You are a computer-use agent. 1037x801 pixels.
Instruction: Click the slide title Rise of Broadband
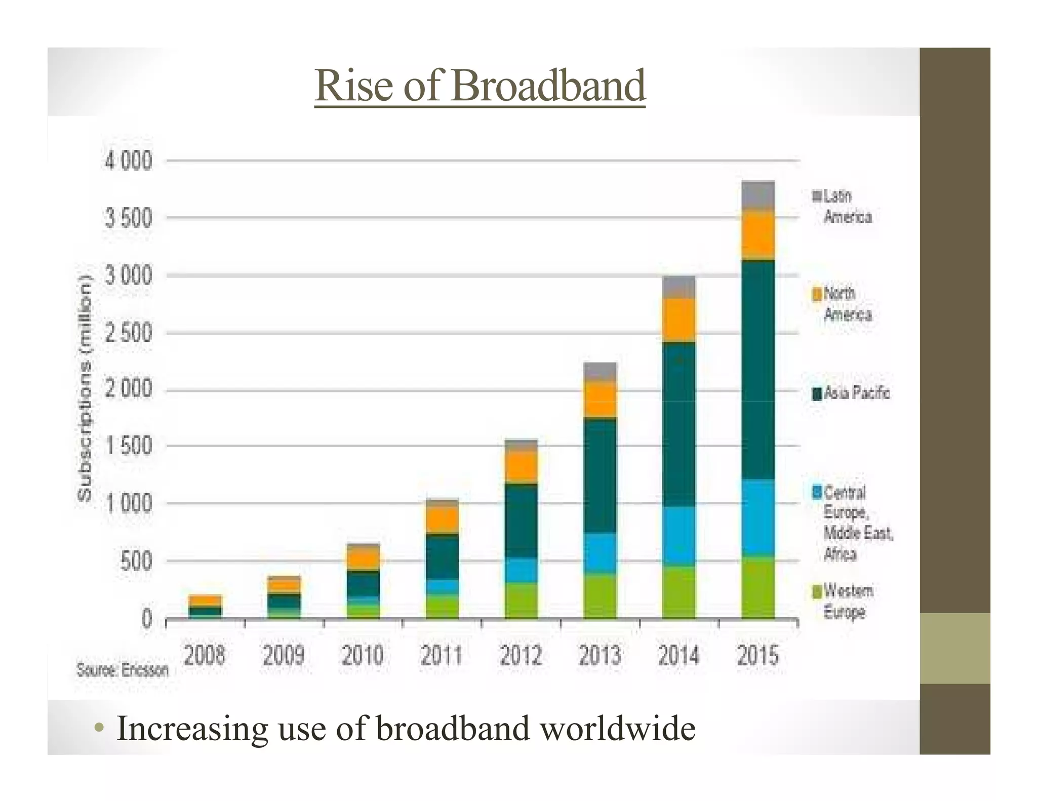click(x=480, y=86)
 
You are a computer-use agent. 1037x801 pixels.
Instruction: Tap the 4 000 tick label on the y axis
click(x=128, y=161)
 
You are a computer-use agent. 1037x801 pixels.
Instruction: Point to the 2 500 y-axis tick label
click(x=128, y=333)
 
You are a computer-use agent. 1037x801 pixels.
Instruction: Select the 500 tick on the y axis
click(x=136, y=561)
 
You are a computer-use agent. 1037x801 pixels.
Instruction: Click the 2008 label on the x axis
click(x=204, y=656)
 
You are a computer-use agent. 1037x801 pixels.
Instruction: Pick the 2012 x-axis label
click(x=521, y=656)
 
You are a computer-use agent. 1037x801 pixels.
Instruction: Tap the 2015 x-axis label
click(x=757, y=656)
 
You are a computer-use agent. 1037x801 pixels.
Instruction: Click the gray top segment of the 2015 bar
click(x=757, y=194)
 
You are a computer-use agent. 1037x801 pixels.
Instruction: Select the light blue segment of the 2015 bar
click(x=757, y=517)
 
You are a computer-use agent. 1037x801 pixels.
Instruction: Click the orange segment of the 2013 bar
click(x=600, y=399)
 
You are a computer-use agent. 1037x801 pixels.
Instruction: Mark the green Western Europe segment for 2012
click(x=521, y=600)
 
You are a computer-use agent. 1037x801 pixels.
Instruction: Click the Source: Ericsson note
click(x=122, y=670)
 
